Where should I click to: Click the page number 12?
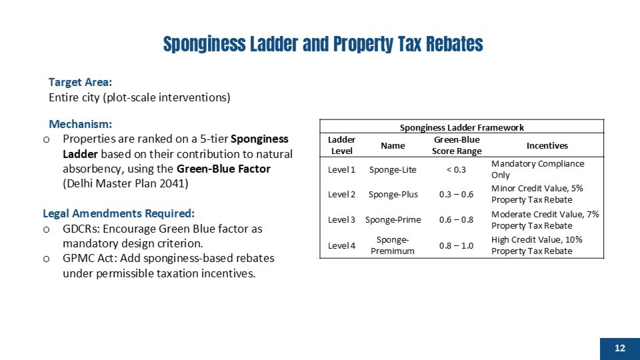click(x=620, y=348)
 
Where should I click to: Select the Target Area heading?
click(x=80, y=82)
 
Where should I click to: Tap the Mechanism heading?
click(x=80, y=124)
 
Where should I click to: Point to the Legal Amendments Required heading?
click(x=118, y=214)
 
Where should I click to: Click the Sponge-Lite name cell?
click(x=392, y=170)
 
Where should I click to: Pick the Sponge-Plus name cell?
click(x=393, y=194)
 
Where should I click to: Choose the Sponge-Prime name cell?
click(x=393, y=220)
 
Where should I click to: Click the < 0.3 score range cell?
click(x=456, y=170)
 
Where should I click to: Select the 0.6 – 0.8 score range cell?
click(x=456, y=220)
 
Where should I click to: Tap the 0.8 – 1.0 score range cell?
click(x=456, y=246)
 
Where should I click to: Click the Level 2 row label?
click(x=342, y=194)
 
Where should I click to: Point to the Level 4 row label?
click(x=342, y=246)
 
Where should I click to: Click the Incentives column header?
click(x=547, y=146)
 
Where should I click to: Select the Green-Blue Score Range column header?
click(x=456, y=146)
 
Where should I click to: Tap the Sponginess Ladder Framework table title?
click(x=462, y=128)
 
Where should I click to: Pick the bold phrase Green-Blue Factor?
click(x=224, y=169)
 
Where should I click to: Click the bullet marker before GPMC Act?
click(x=46, y=259)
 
